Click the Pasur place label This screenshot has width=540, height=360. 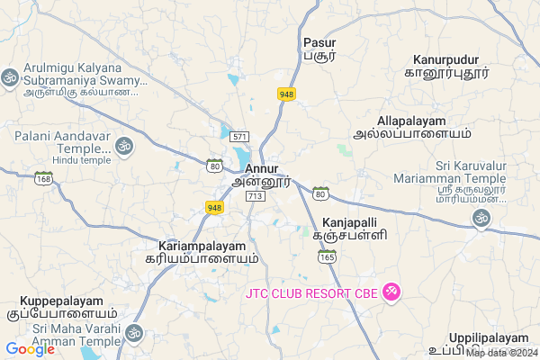[319, 42]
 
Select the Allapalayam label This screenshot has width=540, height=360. [412, 121]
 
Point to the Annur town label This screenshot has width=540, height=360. [260, 167]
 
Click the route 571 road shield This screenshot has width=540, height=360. [239, 136]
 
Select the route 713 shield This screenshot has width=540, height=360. [255, 195]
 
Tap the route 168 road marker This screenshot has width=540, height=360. [44, 178]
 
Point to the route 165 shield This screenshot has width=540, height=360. [328, 256]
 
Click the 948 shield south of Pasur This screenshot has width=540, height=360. [287, 94]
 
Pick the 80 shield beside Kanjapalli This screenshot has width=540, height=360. [320, 192]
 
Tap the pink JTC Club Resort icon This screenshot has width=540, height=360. [391, 292]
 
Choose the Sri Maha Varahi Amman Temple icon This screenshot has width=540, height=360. [135, 335]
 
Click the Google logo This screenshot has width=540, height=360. [31, 349]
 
